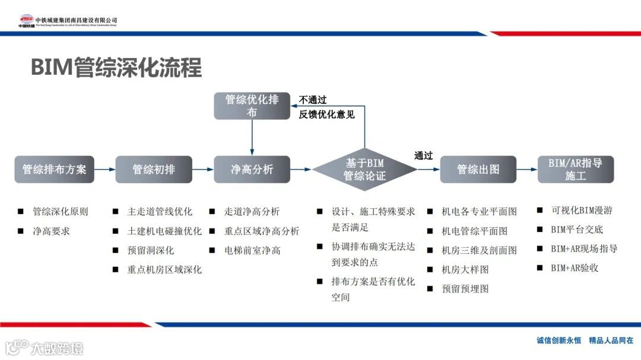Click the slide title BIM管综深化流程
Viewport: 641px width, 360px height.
click(116, 68)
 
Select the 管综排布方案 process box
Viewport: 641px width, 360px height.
click(54, 170)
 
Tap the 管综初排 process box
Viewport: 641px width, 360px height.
click(154, 170)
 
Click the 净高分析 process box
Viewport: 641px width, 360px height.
click(252, 170)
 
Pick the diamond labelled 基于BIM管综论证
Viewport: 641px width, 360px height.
click(364, 170)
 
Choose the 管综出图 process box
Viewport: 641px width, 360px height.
click(478, 170)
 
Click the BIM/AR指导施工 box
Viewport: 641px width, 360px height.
click(575, 170)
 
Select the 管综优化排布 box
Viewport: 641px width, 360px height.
click(252, 106)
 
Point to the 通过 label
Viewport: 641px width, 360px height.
click(424, 156)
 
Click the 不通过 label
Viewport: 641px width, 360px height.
click(313, 100)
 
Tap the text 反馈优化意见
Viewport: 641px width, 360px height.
click(326, 114)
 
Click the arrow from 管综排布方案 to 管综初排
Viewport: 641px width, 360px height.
click(104, 170)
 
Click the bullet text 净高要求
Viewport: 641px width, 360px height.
click(51, 231)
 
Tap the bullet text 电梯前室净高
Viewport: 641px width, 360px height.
click(252, 250)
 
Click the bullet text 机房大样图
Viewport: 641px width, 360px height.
click(465, 269)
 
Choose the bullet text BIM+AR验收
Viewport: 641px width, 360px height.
click(575, 267)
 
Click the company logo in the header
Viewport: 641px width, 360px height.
click(27, 21)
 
